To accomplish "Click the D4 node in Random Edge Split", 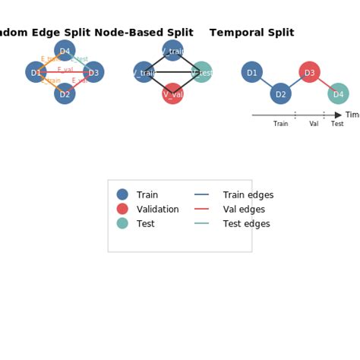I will click(x=65, y=52).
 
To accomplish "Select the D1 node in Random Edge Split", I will click(x=36, y=72).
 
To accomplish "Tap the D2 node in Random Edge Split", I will click(x=65, y=94).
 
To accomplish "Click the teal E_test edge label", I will click(x=79, y=59).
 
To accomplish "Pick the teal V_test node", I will click(x=201, y=72).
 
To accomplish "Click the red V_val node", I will click(x=172, y=94).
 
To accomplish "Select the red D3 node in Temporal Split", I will click(x=309, y=72).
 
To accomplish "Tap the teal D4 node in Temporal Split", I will click(x=338, y=94).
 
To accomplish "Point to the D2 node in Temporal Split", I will click(x=280, y=94).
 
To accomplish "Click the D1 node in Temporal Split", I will click(x=251, y=72).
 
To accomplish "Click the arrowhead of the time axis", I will click(x=338, y=115).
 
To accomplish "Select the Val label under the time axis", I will click(x=314, y=124).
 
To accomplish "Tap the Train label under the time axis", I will click(x=280, y=124).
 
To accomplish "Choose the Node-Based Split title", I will click(x=144, y=33).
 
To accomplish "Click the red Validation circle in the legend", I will click(x=122, y=209).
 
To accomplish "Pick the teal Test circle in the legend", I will click(x=122, y=223).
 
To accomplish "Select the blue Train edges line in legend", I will click(x=201, y=195).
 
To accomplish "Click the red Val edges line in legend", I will click(x=201, y=209).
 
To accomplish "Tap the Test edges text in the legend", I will click(x=246, y=224).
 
